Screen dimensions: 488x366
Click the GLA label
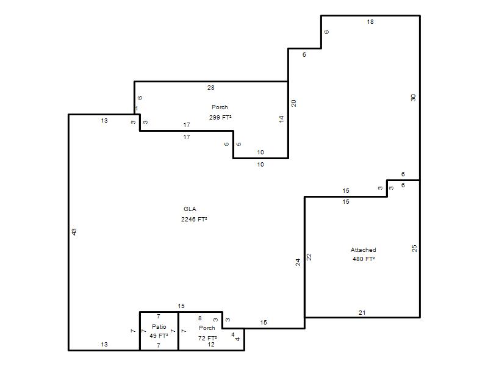190,209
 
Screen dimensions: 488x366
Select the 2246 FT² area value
194,219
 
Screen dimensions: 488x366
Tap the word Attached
363,249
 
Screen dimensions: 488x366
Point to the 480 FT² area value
364,259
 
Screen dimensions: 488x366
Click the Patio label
159,326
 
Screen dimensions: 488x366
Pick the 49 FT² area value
159,336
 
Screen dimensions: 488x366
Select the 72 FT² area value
207,338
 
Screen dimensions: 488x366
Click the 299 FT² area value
220,117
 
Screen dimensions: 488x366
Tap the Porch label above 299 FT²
220,107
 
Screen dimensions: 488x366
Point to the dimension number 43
74,232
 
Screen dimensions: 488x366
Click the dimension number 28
210,88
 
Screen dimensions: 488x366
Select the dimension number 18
370,22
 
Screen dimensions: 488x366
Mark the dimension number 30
413,98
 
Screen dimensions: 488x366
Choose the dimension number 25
414,248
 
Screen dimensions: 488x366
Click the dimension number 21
362,313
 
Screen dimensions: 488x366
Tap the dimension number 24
298,262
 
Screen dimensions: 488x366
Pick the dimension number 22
309,257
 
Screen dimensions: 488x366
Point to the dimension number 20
293,103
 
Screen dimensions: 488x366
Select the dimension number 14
281,118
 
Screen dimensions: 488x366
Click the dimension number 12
211,345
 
